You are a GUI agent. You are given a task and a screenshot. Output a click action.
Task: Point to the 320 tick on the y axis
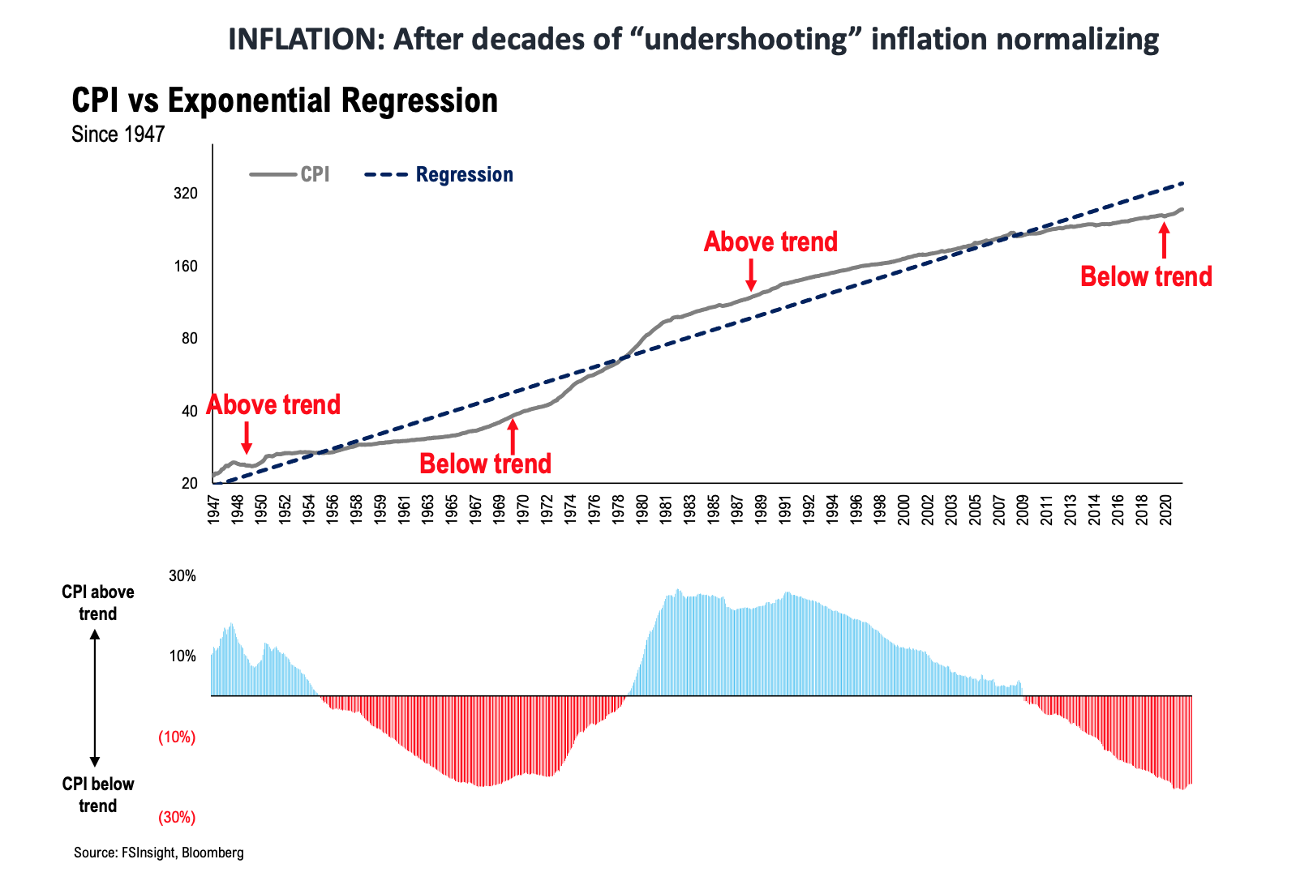pyautogui.click(x=186, y=194)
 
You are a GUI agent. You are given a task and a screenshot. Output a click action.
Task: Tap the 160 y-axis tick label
pyautogui.click(x=186, y=266)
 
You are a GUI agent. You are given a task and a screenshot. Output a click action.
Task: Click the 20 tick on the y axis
pyautogui.click(x=189, y=483)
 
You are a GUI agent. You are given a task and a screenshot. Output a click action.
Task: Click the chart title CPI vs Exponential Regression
pyautogui.click(x=285, y=100)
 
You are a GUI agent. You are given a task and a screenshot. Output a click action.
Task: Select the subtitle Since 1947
pyautogui.click(x=118, y=134)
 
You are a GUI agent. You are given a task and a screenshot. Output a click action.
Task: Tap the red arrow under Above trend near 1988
pyautogui.click(x=751, y=275)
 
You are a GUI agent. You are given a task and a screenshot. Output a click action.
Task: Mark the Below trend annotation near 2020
pyautogui.click(x=1146, y=276)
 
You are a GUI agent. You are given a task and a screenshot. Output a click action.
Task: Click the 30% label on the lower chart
pyautogui.click(x=182, y=576)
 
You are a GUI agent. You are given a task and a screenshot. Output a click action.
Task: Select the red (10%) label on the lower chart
pyautogui.click(x=177, y=737)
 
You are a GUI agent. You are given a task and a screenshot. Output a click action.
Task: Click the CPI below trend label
pyautogui.click(x=98, y=794)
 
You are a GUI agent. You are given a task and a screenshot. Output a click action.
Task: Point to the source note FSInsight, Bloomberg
pyautogui.click(x=158, y=853)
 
